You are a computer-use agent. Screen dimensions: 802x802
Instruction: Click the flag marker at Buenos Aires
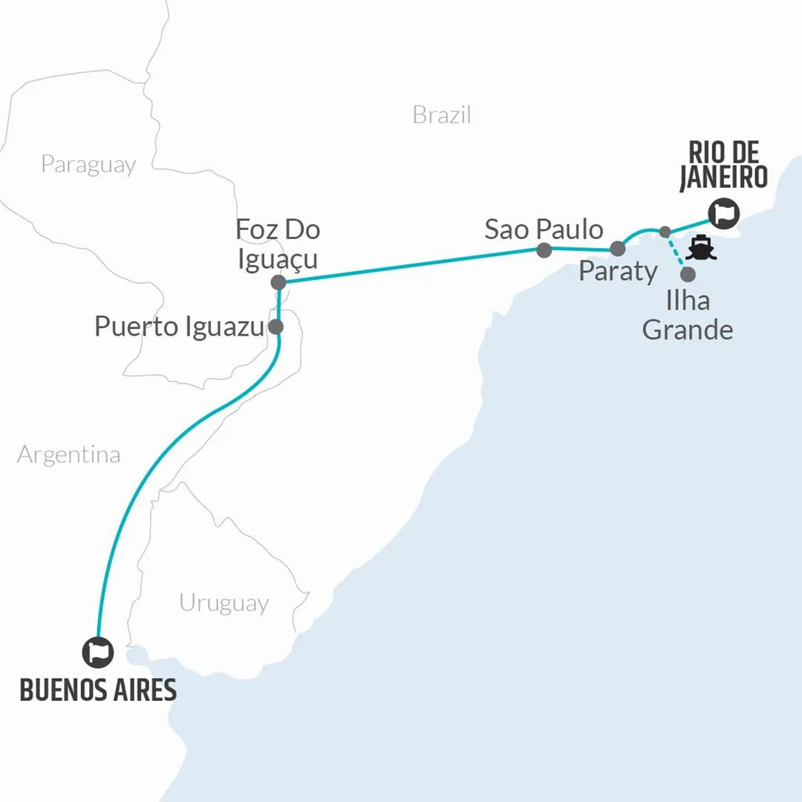click(x=98, y=652)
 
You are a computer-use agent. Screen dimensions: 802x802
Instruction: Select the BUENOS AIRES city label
click(x=98, y=690)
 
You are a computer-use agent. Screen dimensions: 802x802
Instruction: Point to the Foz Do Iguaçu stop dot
click(x=278, y=282)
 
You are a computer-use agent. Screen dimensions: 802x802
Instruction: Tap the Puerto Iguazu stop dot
click(x=276, y=326)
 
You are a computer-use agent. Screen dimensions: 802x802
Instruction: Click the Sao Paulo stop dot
click(x=544, y=250)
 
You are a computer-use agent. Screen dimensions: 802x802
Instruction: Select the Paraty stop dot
click(x=617, y=249)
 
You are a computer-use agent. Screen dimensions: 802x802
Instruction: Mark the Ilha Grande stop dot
click(x=688, y=274)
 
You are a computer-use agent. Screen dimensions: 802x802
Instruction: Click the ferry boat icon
click(x=701, y=247)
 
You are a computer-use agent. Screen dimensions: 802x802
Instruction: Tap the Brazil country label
click(x=442, y=115)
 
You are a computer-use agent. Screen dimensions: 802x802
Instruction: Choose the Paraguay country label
click(x=88, y=164)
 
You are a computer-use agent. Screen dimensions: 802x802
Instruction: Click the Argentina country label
click(x=68, y=454)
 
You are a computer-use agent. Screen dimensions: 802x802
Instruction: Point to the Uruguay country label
click(x=224, y=602)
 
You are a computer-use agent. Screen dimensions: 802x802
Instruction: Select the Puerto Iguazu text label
click(x=179, y=327)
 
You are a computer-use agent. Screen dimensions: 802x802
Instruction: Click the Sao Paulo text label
click(x=544, y=229)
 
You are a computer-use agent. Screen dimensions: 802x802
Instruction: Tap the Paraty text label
click(x=618, y=272)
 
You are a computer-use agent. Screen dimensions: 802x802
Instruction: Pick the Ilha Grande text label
click(x=687, y=315)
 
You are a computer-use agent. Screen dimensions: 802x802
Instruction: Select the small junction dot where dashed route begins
click(x=665, y=231)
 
